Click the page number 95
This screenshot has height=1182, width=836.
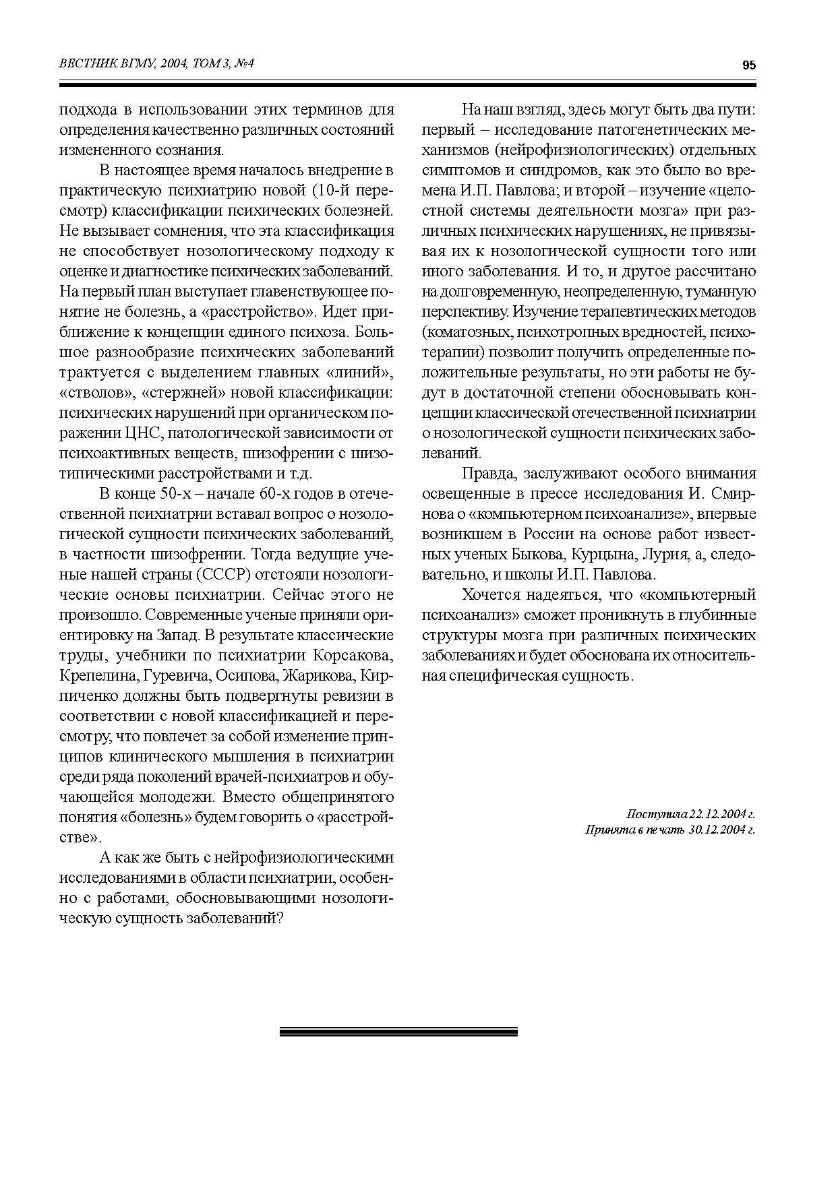748,65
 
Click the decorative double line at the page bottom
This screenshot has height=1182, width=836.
398,1032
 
